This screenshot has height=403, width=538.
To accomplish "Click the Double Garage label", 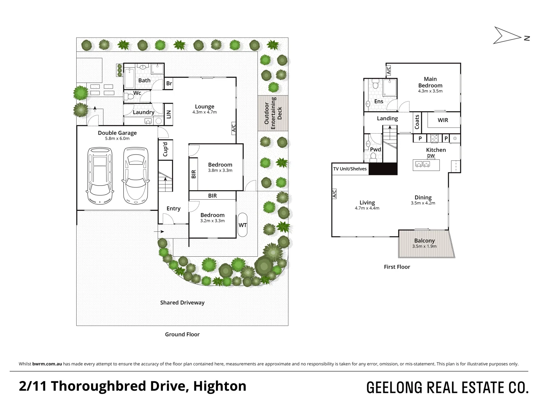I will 117,133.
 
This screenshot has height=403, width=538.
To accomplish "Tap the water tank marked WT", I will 242,225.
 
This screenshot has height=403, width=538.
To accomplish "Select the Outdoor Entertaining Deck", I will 273,113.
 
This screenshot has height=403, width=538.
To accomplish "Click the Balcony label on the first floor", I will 424,241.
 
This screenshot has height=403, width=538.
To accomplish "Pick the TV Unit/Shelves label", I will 350,169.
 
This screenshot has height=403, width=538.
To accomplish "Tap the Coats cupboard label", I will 417,122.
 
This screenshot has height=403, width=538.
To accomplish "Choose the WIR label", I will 443,120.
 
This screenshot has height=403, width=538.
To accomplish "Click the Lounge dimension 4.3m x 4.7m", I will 204,112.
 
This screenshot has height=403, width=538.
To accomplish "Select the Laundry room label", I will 143,112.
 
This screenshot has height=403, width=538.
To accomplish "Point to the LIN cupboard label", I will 168,114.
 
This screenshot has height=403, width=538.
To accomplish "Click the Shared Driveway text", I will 182,303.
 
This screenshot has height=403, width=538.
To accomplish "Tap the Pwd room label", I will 375,149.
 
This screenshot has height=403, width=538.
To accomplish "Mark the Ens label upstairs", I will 378,101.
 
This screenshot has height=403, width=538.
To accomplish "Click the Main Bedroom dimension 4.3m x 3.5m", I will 430,91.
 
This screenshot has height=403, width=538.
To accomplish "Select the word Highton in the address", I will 220,386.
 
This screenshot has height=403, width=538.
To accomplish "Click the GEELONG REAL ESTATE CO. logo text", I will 447,388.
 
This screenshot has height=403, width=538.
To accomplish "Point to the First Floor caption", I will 397,267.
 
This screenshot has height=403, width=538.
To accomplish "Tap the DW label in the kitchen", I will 431,156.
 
